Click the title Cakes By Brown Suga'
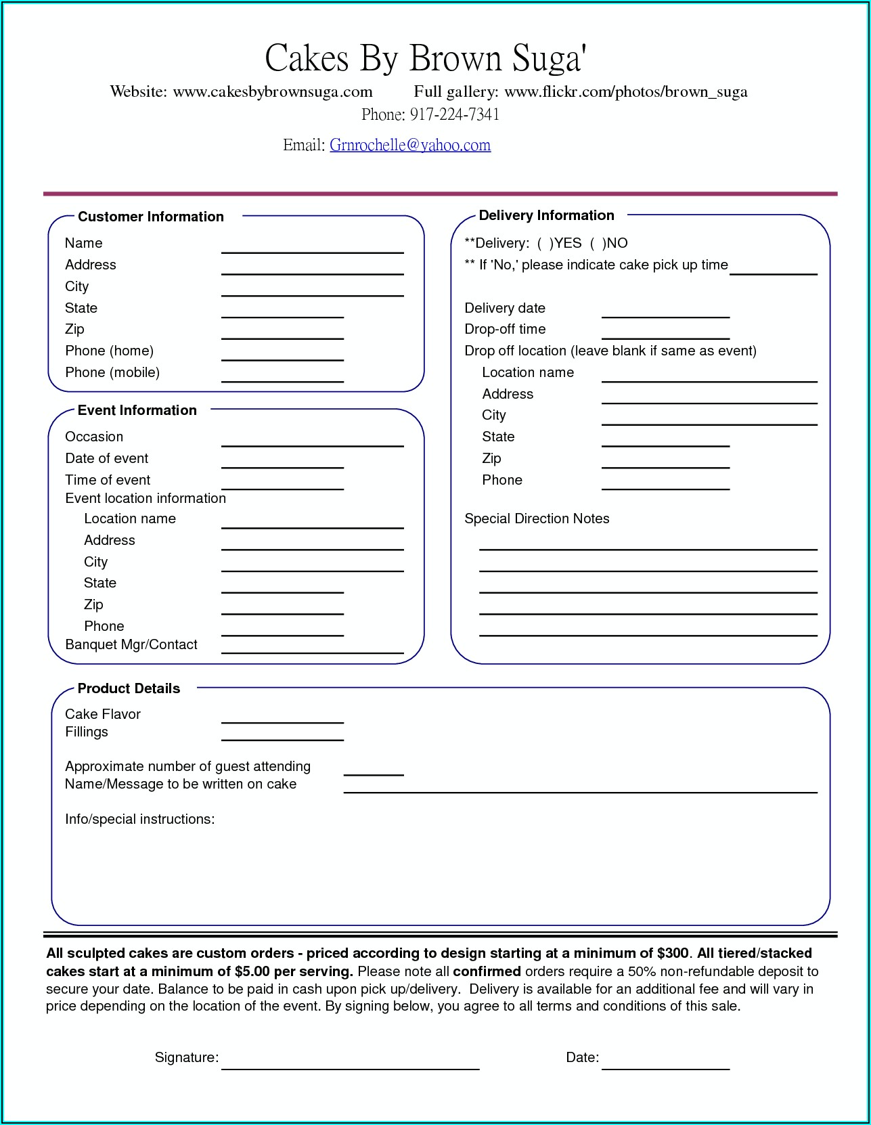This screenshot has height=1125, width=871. pyautogui.click(x=425, y=58)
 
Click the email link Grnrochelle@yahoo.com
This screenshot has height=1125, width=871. pyautogui.click(x=409, y=145)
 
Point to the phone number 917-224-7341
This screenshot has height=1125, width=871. pyautogui.click(x=454, y=114)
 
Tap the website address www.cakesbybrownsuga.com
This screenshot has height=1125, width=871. pyautogui.click(x=273, y=91)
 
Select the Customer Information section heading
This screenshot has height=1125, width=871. pyautogui.click(x=150, y=217)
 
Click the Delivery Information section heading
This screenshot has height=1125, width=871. pyautogui.click(x=546, y=215)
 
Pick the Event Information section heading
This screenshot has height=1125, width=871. pyautogui.click(x=137, y=410)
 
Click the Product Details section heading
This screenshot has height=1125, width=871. pyautogui.click(x=129, y=688)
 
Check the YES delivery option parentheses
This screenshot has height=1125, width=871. pyautogui.click(x=545, y=243)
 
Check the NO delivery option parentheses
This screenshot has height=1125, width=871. pyautogui.click(x=598, y=243)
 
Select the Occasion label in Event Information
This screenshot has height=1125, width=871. pyautogui.click(x=94, y=437)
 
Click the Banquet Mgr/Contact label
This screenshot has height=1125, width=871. pyautogui.click(x=131, y=644)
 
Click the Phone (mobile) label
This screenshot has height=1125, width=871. pyautogui.click(x=112, y=372)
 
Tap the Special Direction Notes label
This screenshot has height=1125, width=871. pyautogui.click(x=537, y=519)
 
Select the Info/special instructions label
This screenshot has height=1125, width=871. pyautogui.click(x=139, y=819)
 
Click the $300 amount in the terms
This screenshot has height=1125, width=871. pyautogui.click(x=673, y=953)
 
